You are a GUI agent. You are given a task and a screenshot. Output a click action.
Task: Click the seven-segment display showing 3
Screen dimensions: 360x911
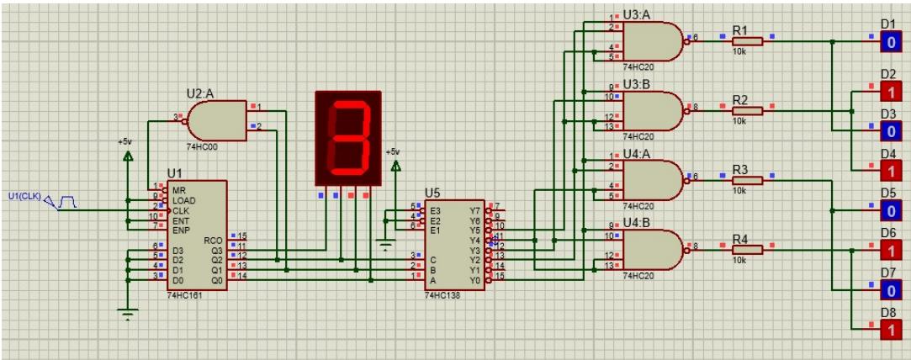click(x=347, y=138)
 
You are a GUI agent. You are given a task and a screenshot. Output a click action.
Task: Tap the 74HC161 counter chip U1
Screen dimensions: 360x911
click(x=196, y=236)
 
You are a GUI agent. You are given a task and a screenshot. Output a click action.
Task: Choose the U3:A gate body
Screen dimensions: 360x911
click(x=652, y=40)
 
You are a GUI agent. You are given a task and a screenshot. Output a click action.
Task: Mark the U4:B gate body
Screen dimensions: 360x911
click(x=652, y=249)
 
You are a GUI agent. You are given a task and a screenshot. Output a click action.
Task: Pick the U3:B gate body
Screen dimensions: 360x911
click(x=652, y=109)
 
